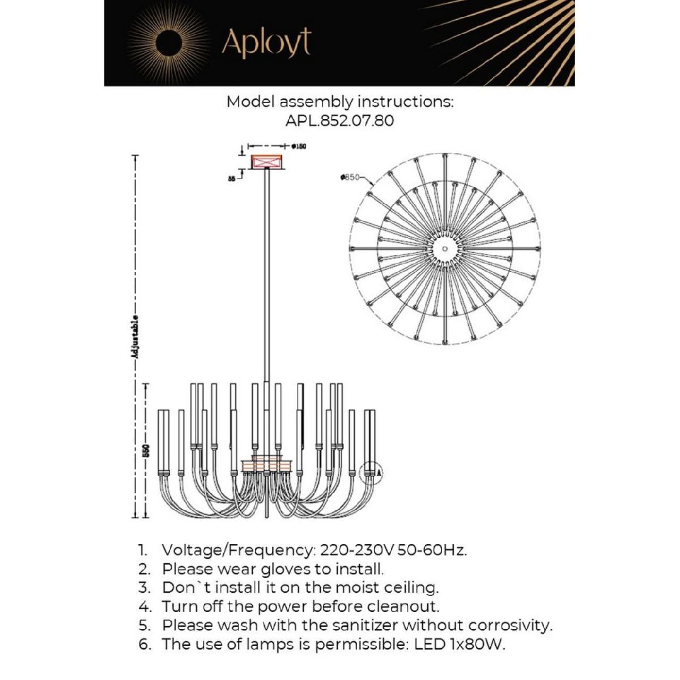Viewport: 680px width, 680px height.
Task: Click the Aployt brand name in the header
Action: coord(266,43)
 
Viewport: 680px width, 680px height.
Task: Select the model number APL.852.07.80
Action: coord(339,121)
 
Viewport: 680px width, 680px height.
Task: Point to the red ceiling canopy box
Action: coord(266,161)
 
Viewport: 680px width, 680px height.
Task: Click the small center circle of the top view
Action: coord(445,249)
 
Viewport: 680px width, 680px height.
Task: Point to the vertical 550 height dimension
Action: coord(146,450)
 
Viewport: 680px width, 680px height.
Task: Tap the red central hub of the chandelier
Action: coord(266,465)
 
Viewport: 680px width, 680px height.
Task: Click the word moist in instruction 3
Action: coord(330,588)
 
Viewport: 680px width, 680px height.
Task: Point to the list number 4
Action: coord(144,606)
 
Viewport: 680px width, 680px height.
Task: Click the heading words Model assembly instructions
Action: coord(339,102)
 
